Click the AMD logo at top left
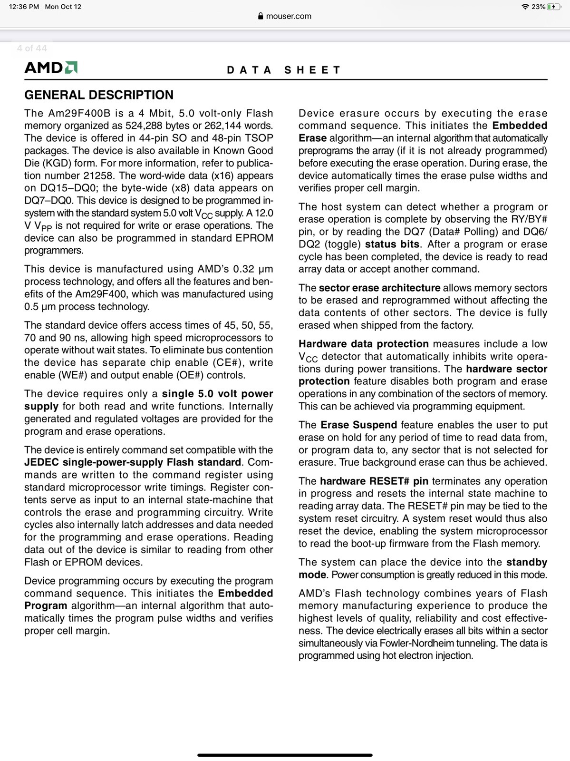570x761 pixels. click(x=51, y=68)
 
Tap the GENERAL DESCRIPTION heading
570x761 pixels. click(x=99, y=95)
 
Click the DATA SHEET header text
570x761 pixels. click(x=284, y=70)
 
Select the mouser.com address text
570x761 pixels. click(x=289, y=16)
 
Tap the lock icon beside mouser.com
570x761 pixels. click(x=261, y=16)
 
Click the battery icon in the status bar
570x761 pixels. click(x=554, y=7)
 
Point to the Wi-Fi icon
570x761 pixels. click(x=525, y=7)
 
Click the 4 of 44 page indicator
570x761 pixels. click(x=32, y=49)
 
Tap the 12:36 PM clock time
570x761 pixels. click(x=24, y=7)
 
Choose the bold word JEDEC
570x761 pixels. click(x=41, y=462)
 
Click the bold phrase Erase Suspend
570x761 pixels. click(x=358, y=425)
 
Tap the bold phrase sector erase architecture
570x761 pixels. click(x=379, y=288)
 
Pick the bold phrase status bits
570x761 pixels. click(x=392, y=244)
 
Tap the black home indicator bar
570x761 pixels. click(x=285, y=755)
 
